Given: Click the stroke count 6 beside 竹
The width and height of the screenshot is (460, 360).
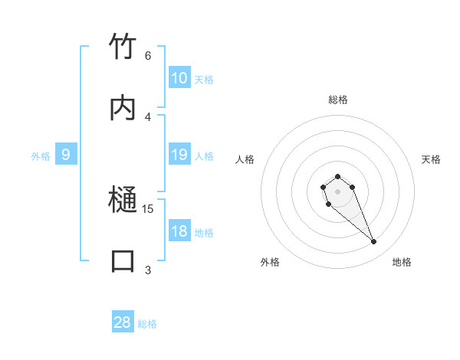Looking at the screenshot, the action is pos(147,56).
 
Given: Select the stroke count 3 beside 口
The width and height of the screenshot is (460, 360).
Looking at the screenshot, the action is pos(147,270).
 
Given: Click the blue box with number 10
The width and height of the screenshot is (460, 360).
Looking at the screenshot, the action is pos(179,78).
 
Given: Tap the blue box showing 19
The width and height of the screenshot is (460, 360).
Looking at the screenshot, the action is pos(179,155).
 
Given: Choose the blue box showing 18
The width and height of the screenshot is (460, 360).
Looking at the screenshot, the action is pos(179,231).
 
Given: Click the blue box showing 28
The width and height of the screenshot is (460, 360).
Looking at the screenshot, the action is pos(123,322).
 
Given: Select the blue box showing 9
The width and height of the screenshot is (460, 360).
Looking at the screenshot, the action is pos(66,155).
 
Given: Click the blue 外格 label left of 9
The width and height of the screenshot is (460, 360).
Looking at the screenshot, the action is pos(41,156).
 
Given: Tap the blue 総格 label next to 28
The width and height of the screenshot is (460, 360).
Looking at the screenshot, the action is pos(147,324).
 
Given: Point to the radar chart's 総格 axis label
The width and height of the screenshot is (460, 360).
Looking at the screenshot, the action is pos(337,100).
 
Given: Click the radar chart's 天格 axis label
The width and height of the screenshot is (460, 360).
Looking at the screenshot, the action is pos(431,159).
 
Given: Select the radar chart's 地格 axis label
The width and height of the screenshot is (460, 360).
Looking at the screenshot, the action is pos(402,262).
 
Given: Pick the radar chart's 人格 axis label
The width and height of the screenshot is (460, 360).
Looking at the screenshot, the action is pos(245,159).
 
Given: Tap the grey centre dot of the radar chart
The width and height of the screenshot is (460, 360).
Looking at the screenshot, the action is pos(337,191).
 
